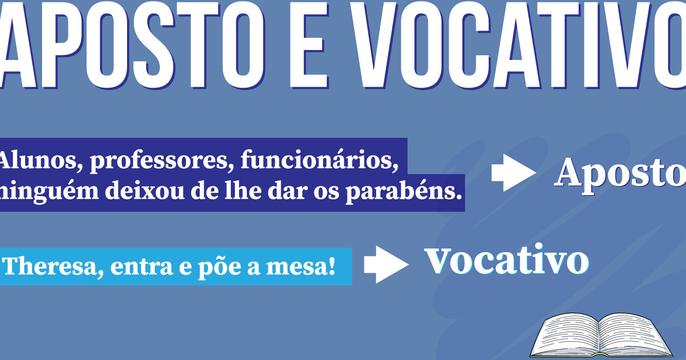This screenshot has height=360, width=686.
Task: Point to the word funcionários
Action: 320,160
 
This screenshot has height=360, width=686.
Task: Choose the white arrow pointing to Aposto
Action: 514,173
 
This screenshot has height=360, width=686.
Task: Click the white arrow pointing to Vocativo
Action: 386,265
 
